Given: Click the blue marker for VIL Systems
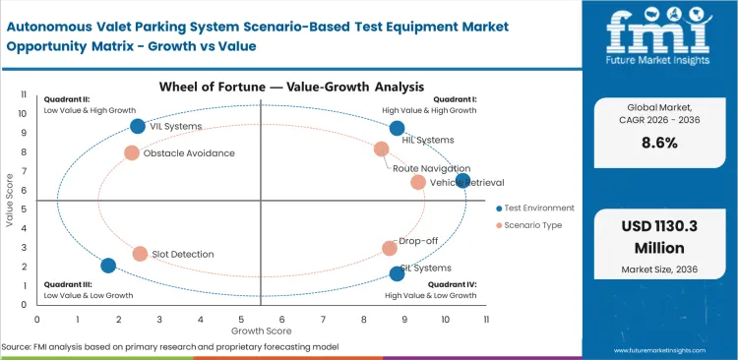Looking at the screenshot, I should coord(138,126).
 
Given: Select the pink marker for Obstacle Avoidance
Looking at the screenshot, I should coord(132,152).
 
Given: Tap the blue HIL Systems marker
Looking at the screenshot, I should coord(397,128).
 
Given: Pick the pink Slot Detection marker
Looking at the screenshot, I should coord(140,254).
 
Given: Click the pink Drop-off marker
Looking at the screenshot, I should coord(390,249).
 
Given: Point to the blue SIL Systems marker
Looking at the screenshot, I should coord(397,273).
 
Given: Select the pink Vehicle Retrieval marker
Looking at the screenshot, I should coord(418,182).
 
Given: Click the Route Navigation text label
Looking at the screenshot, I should coord(431,168).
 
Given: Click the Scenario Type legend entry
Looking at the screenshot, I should coord(531,225).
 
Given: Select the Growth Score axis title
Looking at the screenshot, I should coord(261,333).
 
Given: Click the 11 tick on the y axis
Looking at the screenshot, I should coord(23,94).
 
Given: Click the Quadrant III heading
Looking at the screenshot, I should coord(67,283).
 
